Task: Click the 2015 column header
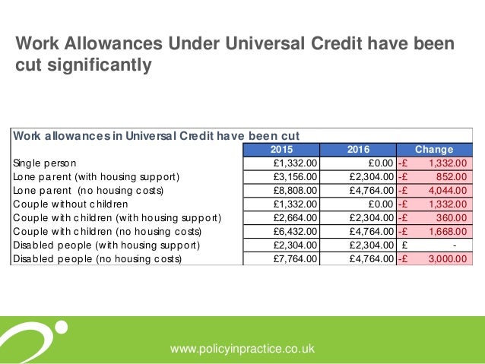[282, 150]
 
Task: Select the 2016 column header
[358, 150]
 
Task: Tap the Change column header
[433, 150]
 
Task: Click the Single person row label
[43, 163]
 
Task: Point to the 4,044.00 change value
[449, 191]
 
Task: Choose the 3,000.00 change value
[449, 259]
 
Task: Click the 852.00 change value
[453, 177]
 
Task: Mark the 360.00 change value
[453, 218]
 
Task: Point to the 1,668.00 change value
[449, 232]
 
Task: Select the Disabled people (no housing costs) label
[98, 259]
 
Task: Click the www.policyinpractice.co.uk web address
[242, 349]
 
